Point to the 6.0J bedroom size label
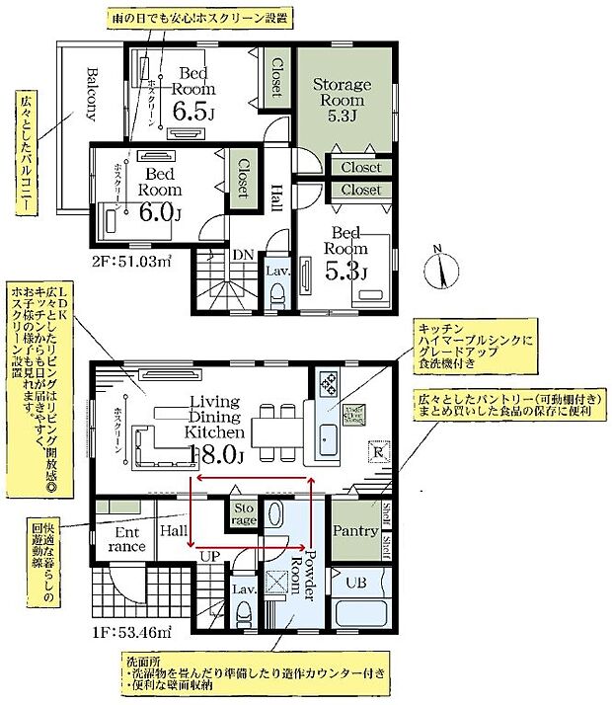161,211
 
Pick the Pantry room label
355,531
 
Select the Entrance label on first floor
125,539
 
